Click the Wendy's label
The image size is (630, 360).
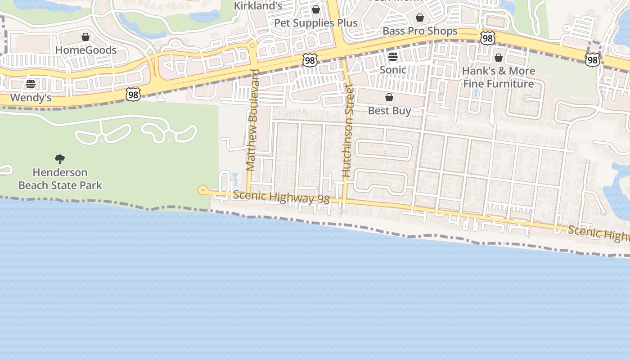(x=31, y=97)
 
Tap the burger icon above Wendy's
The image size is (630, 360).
(x=31, y=84)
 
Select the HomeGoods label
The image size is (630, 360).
(x=85, y=50)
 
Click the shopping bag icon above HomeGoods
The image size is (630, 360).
(x=85, y=37)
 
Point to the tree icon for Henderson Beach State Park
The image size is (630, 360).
(x=60, y=159)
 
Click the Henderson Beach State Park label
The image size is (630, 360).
(x=60, y=179)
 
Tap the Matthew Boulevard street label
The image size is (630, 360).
(x=252, y=120)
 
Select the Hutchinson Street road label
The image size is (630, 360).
(x=347, y=130)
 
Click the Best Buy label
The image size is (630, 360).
(x=389, y=110)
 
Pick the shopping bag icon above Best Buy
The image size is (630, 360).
(x=389, y=97)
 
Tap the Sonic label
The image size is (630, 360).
(x=393, y=70)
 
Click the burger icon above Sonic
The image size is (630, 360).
(x=393, y=57)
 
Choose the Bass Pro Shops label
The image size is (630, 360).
(x=420, y=31)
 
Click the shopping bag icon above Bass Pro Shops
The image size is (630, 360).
(x=420, y=18)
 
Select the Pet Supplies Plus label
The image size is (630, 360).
(x=316, y=23)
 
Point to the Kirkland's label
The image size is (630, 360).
(x=258, y=6)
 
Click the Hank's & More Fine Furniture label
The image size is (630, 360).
(x=499, y=77)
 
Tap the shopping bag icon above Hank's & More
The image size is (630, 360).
(x=499, y=58)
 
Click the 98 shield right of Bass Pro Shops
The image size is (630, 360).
(x=487, y=38)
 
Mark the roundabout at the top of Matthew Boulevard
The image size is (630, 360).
(x=252, y=45)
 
